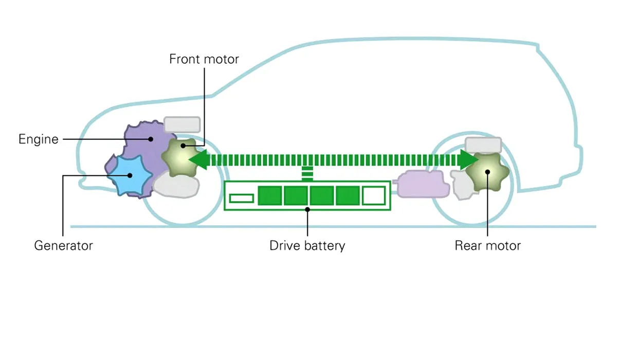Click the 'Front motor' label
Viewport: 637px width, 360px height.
[x=204, y=59]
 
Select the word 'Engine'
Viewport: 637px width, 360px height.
[x=39, y=139]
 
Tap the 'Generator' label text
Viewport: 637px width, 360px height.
[x=63, y=245]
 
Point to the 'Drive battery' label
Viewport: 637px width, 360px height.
[x=307, y=245]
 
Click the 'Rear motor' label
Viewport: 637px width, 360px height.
[x=487, y=245]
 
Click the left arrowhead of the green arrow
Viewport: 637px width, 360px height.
[x=198, y=160]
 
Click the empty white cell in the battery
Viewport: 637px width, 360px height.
[x=374, y=196]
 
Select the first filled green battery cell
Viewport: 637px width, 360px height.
[x=269, y=196]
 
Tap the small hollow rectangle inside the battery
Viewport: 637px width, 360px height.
[x=241, y=198]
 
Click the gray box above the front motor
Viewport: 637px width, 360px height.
[x=182, y=124]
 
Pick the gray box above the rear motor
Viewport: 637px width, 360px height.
[x=483, y=145]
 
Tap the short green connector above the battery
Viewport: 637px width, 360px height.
[x=307, y=174]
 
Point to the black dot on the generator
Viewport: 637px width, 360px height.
[x=130, y=175]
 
